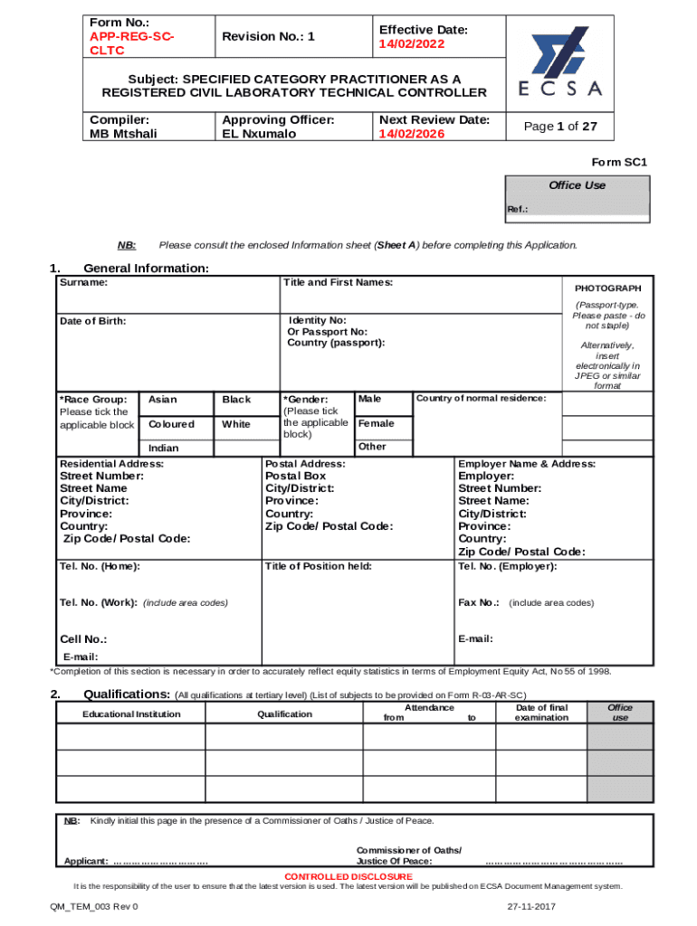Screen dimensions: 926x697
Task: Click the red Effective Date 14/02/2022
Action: click(413, 43)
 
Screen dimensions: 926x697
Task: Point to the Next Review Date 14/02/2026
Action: click(413, 134)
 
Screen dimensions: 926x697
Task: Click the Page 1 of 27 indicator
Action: click(568, 127)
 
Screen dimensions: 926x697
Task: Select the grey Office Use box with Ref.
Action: click(576, 199)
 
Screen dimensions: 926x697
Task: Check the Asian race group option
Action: click(163, 400)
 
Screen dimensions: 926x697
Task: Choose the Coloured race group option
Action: click(171, 424)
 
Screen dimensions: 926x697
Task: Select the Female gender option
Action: click(377, 423)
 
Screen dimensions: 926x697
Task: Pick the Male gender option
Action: click(370, 399)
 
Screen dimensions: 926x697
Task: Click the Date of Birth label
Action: click(92, 321)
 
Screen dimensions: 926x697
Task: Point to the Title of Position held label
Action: click(318, 566)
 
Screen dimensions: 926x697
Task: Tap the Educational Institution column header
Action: click(131, 714)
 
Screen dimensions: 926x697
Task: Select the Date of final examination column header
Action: click(541, 713)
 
